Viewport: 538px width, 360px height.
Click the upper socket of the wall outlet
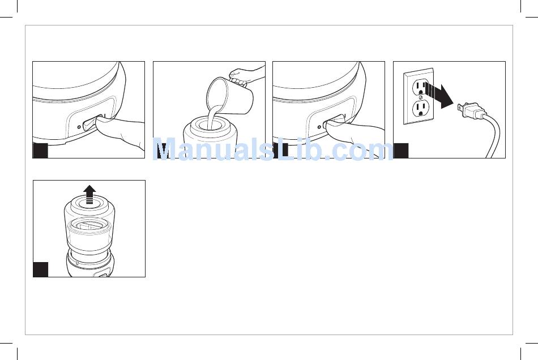click(421, 87)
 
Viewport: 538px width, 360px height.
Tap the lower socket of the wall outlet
click(421, 109)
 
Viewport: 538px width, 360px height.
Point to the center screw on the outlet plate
click(421, 98)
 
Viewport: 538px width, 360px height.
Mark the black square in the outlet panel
click(401, 151)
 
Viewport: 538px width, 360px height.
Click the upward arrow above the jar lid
click(89, 194)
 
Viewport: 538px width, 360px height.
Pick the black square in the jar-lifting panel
click(40, 269)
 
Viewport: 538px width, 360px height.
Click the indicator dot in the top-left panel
click(79, 127)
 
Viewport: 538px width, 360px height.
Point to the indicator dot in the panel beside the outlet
click(319, 127)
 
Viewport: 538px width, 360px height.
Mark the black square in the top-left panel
click(40, 151)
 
